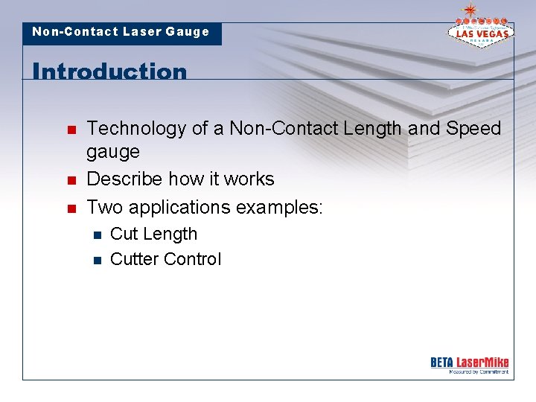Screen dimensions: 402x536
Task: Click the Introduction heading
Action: (109, 71)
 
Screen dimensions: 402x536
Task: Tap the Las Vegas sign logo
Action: (479, 29)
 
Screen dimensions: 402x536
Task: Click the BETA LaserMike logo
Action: (469, 364)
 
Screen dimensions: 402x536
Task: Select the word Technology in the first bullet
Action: (136, 129)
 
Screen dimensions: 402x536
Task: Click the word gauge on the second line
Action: (113, 152)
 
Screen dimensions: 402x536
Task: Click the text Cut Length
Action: (153, 234)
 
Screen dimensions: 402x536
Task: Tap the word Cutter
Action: (133, 259)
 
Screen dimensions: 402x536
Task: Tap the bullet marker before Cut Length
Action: (95, 234)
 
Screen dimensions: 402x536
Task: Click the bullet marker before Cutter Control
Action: (95, 260)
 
